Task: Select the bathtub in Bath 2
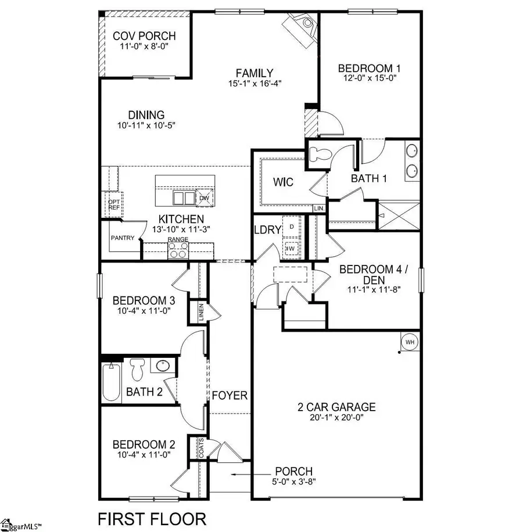coord(110,382)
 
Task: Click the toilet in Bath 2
coord(137,369)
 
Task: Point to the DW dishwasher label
coord(203,197)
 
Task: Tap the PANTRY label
coord(123,238)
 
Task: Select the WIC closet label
coord(283,182)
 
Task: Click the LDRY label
coord(267,229)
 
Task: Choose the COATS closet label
coord(200,447)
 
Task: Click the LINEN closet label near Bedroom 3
coord(200,312)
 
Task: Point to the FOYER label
coord(229,396)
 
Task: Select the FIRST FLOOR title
coord(151,518)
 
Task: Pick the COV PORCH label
coord(144,36)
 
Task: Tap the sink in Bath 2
coord(162,366)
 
